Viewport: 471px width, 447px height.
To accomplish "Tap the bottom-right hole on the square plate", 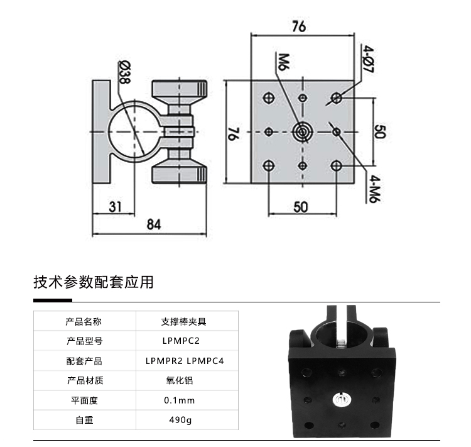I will (337, 166).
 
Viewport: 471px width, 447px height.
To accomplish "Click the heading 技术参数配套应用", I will (93, 282).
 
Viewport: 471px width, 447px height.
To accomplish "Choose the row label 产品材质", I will (84, 380).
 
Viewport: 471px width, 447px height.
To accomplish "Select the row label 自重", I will (84, 420).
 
